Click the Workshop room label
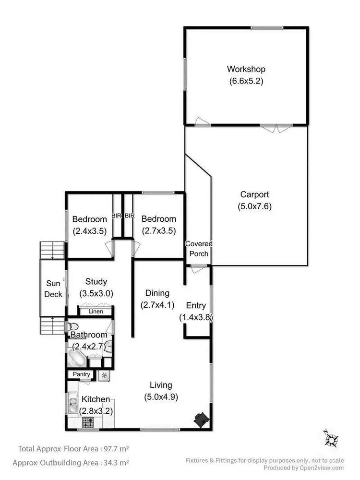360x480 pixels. (246, 69)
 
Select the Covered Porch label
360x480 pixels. (199, 248)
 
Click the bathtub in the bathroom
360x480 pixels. (77, 358)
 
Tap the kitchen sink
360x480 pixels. (72, 402)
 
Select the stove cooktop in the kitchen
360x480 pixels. (88, 422)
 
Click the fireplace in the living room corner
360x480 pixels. (202, 419)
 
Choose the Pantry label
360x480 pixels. (82, 374)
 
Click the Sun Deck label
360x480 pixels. (53, 289)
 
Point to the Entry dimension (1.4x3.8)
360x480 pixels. (196, 317)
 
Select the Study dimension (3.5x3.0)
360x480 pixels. (96, 293)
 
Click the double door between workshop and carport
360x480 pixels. (276, 127)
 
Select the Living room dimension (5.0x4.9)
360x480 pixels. (161, 397)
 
